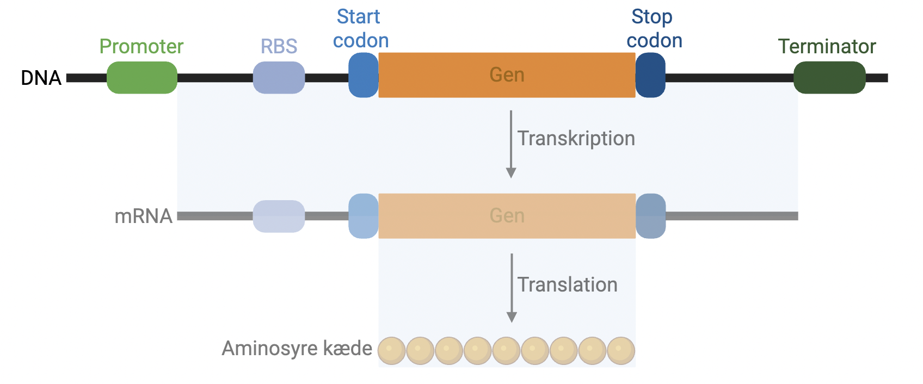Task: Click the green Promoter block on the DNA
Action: [x=141, y=78]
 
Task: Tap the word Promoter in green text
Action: [x=141, y=47]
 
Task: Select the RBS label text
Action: [x=279, y=47]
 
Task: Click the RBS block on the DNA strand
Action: [x=279, y=78]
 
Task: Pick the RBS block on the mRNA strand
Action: [x=279, y=216]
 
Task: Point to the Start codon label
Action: [x=360, y=29]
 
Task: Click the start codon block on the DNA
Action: [x=363, y=75]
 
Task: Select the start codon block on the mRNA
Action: [x=363, y=216]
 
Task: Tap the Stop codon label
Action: [x=654, y=29]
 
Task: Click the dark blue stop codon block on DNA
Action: [x=650, y=75]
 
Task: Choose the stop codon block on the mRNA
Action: [x=650, y=216]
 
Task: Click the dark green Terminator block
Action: [x=829, y=78]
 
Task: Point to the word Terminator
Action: [x=827, y=47]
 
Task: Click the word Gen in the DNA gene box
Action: [x=507, y=75]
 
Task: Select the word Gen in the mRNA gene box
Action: [x=507, y=216]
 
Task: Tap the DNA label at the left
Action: [x=41, y=78]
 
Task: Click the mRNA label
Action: [x=143, y=216]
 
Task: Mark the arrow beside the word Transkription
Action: [x=511, y=144]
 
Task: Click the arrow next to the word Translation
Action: [x=512, y=288]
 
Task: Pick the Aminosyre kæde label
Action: [x=297, y=349]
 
